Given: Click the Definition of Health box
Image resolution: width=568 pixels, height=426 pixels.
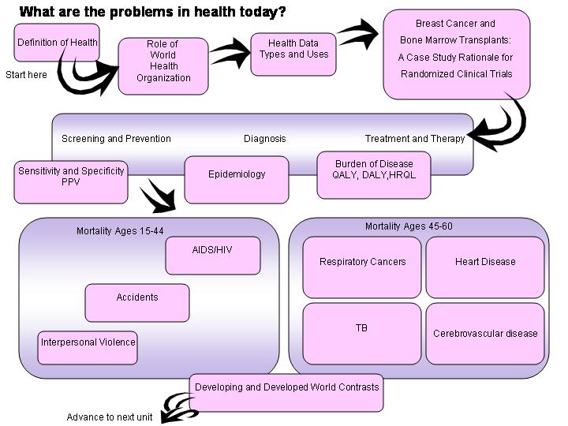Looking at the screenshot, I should (58, 43).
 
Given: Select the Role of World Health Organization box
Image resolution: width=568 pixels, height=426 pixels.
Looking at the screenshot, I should (163, 66).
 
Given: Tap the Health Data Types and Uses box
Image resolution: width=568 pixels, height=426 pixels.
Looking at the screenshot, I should (293, 54).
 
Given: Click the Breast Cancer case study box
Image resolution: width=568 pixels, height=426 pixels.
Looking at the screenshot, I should (456, 54).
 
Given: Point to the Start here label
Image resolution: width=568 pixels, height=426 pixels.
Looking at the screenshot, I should (27, 76).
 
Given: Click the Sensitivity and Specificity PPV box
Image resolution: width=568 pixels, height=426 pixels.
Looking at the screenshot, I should (71, 181).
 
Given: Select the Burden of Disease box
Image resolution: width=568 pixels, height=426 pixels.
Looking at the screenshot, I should (374, 175).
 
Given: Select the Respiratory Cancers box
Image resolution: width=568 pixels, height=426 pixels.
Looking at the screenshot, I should (363, 266).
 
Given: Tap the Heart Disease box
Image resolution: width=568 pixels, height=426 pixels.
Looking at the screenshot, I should (485, 266).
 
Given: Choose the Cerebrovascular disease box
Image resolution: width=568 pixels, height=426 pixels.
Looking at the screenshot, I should (485, 333).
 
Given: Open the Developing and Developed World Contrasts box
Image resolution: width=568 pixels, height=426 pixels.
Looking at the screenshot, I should (286, 392).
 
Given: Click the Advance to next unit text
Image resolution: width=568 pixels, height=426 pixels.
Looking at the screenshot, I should (110, 417).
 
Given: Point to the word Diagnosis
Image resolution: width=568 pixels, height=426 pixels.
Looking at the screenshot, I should (265, 139).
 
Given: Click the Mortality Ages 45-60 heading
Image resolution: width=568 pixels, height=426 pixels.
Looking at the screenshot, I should (409, 226).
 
